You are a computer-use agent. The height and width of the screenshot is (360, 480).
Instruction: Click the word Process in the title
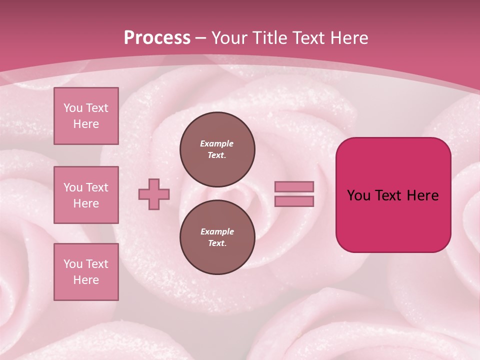click(x=157, y=38)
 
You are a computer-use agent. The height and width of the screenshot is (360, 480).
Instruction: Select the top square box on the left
click(x=86, y=116)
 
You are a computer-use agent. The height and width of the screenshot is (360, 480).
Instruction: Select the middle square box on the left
click(x=86, y=195)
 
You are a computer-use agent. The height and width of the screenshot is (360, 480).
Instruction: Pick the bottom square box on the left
click(x=86, y=272)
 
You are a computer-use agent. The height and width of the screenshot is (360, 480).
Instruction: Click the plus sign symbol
click(x=154, y=194)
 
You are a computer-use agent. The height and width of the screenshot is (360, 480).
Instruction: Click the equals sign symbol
click(x=294, y=194)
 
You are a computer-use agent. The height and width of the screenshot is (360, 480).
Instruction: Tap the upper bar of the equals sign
click(x=294, y=187)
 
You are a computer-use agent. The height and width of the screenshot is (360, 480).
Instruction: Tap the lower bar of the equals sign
click(x=294, y=201)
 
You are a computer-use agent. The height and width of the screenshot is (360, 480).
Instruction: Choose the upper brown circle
click(x=217, y=149)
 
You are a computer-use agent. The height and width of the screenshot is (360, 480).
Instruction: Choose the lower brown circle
click(x=217, y=237)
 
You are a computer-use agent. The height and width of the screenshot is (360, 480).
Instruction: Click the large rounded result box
click(x=393, y=195)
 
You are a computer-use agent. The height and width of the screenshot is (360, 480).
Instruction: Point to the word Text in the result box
click(x=388, y=195)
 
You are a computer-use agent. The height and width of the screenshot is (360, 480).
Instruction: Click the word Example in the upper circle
click(x=217, y=143)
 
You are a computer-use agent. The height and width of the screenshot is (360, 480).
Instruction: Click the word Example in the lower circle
click(x=217, y=231)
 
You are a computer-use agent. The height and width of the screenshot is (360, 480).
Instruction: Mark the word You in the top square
click(x=73, y=108)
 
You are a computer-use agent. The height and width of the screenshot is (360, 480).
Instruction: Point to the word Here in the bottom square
click(x=86, y=280)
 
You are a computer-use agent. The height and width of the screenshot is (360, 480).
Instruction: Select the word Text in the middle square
click(x=97, y=187)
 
